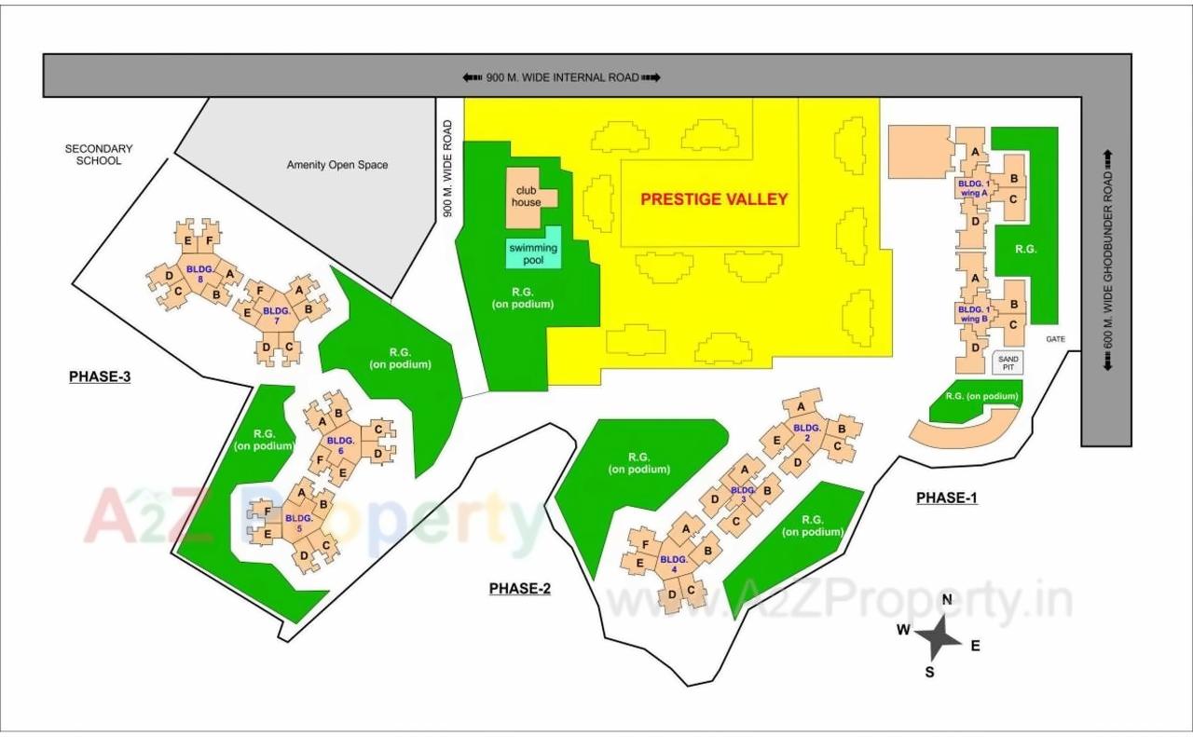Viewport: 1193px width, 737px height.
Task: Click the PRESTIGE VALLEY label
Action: pos(714,198)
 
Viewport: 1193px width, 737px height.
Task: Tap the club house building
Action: pos(528,197)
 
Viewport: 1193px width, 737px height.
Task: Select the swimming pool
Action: pos(533,253)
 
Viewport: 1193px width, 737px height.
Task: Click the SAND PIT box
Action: pos(1008,363)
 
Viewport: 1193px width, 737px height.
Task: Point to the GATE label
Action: pos(1055,339)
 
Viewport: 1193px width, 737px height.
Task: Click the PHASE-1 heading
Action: pos(946,498)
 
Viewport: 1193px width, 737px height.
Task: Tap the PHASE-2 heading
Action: pos(520,588)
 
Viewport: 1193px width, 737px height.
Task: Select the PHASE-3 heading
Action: pos(100,376)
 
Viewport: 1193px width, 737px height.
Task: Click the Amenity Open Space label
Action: pos(337,165)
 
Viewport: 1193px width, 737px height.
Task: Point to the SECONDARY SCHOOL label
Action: pos(99,155)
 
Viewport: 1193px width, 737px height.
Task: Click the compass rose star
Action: pos(938,637)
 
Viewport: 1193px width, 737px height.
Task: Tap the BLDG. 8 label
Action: pos(199,273)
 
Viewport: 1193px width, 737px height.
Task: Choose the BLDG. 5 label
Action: pos(298,522)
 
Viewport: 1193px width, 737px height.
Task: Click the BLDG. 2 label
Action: pos(806,432)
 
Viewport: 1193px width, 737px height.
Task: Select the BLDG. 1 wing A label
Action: pos(974,188)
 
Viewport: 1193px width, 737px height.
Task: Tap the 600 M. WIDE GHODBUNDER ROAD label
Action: pos(1108,260)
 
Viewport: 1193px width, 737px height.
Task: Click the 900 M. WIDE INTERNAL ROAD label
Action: pos(562,77)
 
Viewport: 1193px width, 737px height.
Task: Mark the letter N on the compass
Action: pos(947,599)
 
